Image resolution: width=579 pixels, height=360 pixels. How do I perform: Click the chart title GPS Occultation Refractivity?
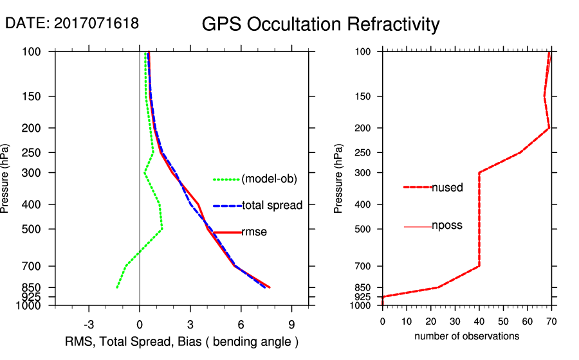(320, 24)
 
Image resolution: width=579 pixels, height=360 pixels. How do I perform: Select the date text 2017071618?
(96, 23)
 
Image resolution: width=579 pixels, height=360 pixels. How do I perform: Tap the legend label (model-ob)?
(269, 179)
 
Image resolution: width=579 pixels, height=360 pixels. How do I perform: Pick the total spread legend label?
(272, 205)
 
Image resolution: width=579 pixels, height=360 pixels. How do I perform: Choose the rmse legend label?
(254, 232)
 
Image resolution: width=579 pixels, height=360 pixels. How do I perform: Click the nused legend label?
(448, 187)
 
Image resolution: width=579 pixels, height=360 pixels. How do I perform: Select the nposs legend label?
(447, 226)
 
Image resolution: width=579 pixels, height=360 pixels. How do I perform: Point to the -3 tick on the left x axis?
(89, 325)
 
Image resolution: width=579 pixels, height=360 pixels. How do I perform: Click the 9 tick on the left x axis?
(291, 325)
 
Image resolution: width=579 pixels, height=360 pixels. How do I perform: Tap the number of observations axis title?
(466, 336)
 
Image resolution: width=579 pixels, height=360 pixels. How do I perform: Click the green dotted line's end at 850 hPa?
(117, 287)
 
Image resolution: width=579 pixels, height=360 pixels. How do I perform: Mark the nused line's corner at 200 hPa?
(549, 128)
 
